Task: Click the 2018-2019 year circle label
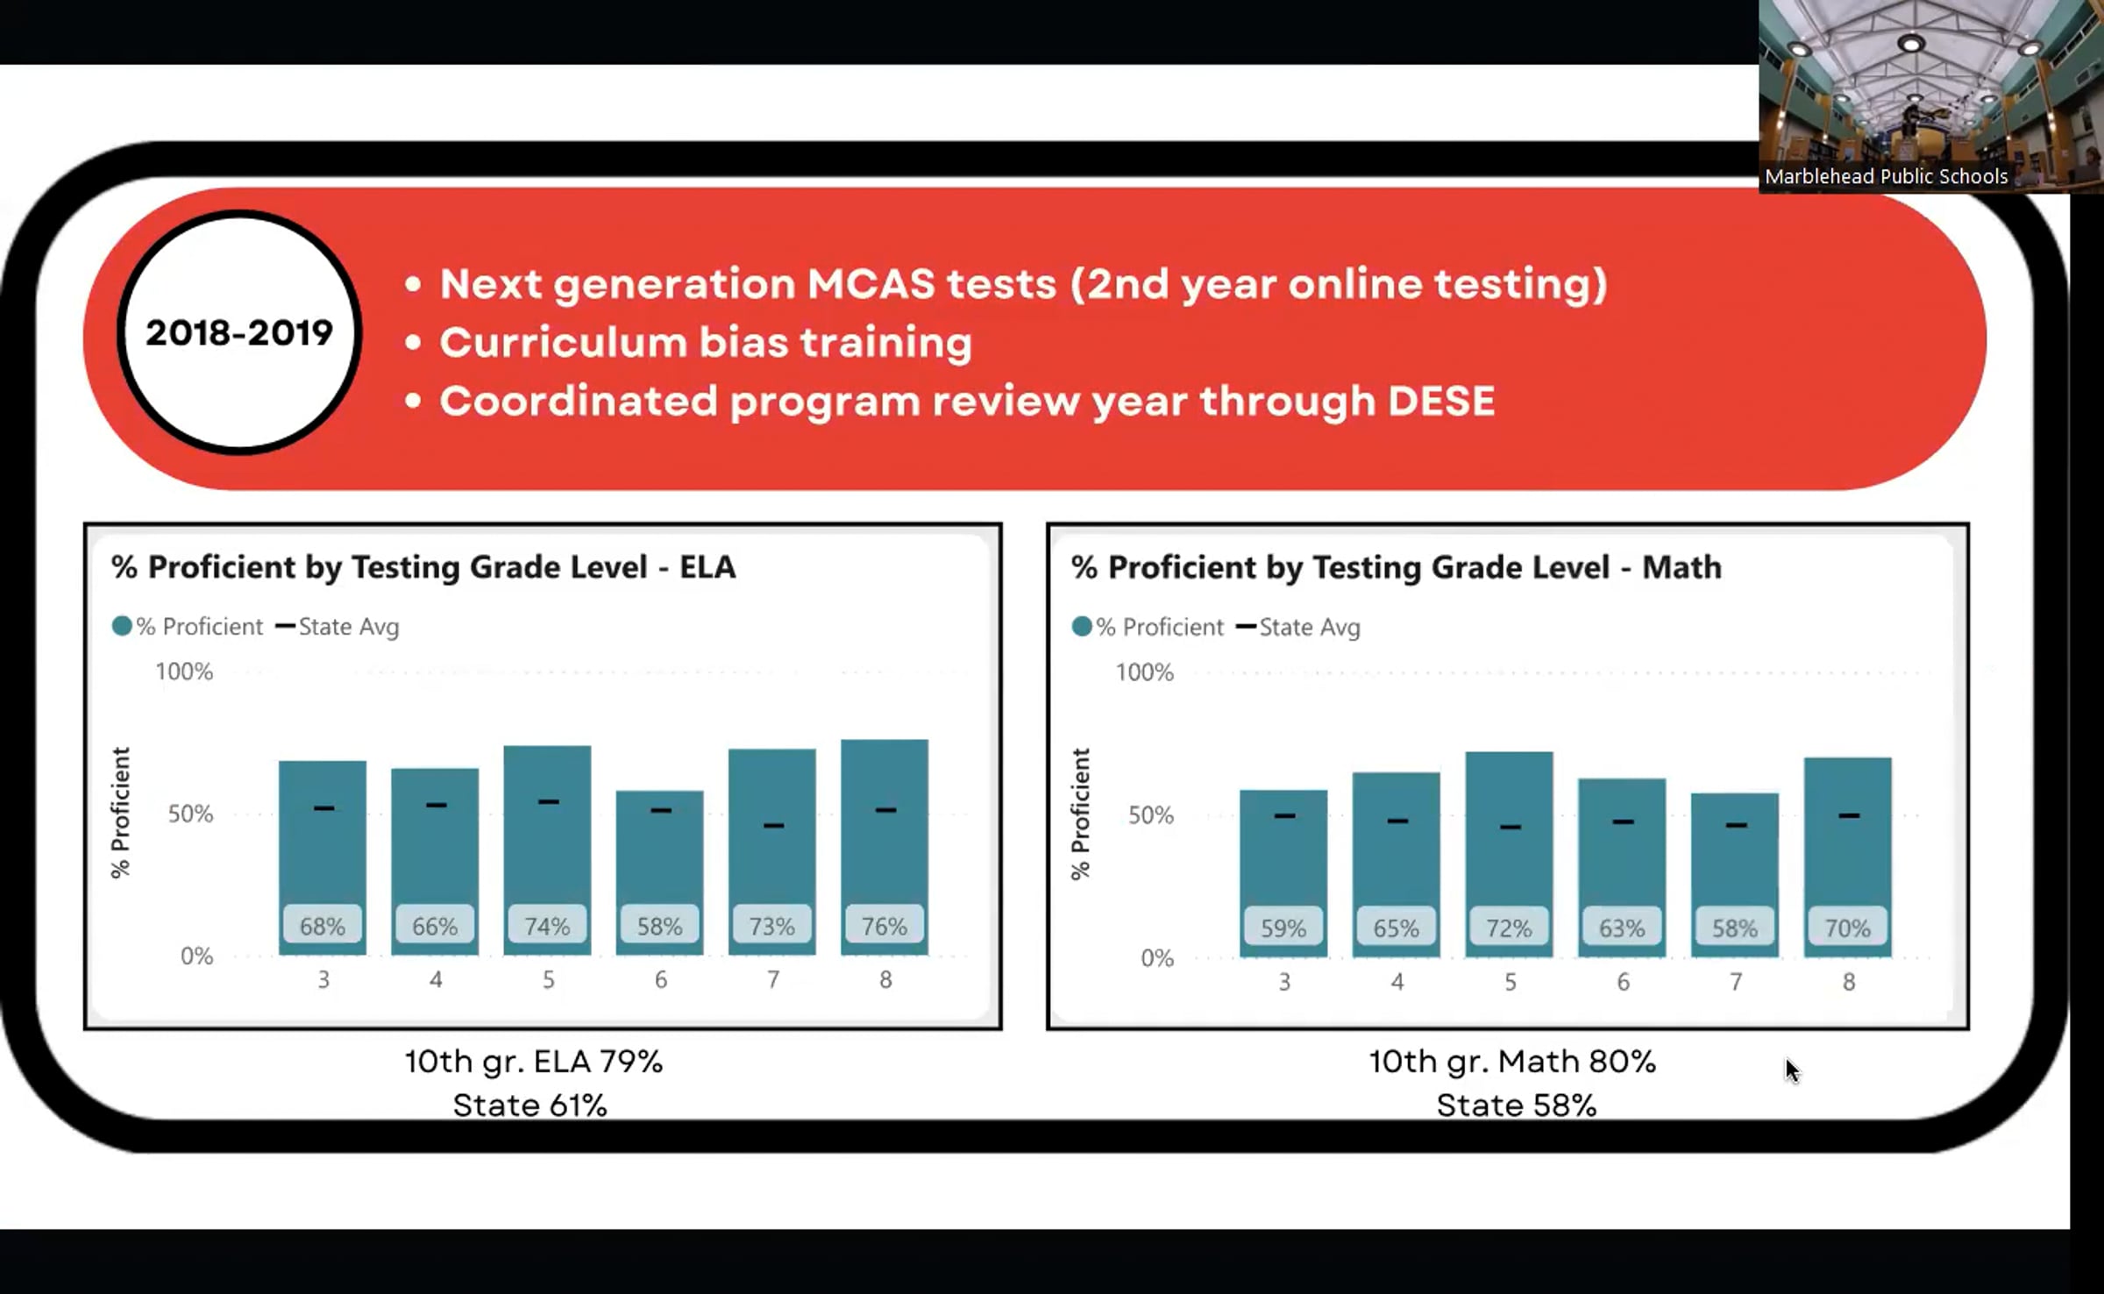pyautogui.click(x=239, y=333)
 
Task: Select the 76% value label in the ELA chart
pyautogui.click(x=884, y=925)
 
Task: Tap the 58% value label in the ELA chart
pyautogui.click(x=659, y=925)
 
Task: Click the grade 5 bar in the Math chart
pyautogui.click(x=1509, y=854)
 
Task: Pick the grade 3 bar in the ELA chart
pyautogui.click(x=323, y=857)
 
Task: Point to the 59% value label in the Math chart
pyautogui.click(x=1283, y=928)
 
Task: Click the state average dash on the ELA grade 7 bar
pyautogui.click(x=773, y=825)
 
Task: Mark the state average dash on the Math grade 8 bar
pyautogui.click(x=1849, y=815)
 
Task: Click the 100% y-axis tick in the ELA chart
pyautogui.click(x=184, y=672)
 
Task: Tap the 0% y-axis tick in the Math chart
pyautogui.click(x=1157, y=958)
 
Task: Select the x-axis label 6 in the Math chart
pyautogui.click(x=1623, y=982)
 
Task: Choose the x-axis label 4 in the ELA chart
pyautogui.click(x=436, y=979)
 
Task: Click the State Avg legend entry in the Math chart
pyautogui.click(x=1298, y=627)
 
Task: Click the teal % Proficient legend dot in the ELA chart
pyautogui.click(x=122, y=626)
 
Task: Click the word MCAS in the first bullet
pyautogui.click(x=871, y=284)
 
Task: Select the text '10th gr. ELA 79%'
pyautogui.click(x=533, y=1062)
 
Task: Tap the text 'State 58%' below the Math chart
pyautogui.click(x=1516, y=1106)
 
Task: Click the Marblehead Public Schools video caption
pyautogui.click(x=1886, y=176)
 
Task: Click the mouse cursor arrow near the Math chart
pyautogui.click(x=1792, y=1070)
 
